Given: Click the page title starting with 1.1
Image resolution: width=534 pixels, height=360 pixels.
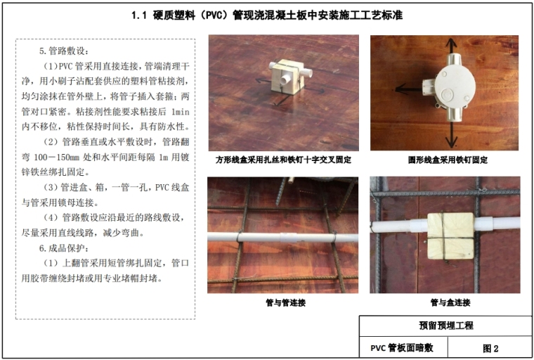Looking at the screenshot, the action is click(x=267, y=15).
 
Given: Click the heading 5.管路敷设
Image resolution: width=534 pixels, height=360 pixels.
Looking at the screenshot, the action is click(x=64, y=51).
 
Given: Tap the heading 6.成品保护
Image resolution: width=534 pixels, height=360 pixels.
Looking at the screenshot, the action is click(x=64, y=248).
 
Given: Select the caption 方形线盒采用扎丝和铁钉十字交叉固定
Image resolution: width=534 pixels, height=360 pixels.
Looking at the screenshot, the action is click(x=283, y=160).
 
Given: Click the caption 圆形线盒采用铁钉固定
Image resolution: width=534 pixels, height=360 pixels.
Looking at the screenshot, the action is click(x=448, y=160).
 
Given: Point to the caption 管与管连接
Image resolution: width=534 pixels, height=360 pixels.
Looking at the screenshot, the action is click(x=286, y=302).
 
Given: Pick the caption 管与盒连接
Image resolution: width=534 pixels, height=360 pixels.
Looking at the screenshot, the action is click(x=450, y=302).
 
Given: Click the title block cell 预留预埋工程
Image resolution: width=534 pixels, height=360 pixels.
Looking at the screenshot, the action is click(x=445, y=326).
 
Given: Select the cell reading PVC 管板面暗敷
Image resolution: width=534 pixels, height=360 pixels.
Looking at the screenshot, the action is click(x=402, y=348).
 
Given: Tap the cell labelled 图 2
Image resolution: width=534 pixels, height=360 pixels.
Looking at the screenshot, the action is click(x=490, y=349).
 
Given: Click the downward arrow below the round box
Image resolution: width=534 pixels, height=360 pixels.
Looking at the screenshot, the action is click(x=452, y=135).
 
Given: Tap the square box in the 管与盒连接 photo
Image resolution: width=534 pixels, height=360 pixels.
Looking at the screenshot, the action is click(x=450, y=236).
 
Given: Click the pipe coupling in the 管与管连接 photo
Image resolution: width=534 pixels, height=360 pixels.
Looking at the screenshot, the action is click(x=289, y=238).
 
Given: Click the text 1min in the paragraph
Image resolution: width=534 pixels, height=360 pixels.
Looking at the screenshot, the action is click(x=180, y=112).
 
